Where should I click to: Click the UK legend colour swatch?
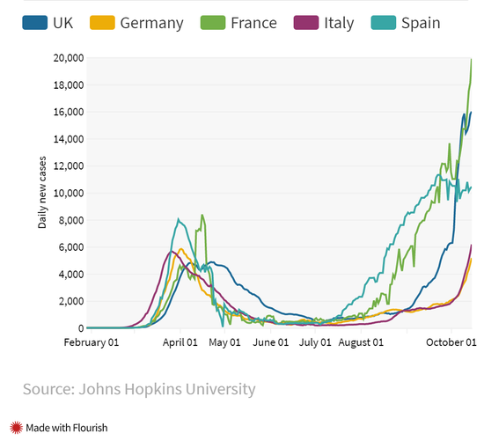pos(35,23)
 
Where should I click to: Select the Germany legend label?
pos(152,24)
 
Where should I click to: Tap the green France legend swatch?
pos(213,23)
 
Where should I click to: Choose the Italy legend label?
pos(339,24)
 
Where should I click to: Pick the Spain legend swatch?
pos(384,23)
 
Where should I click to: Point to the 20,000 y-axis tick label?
pos(69,58)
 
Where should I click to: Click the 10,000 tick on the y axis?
pos(69,193)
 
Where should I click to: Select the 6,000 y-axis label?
pos(71,247)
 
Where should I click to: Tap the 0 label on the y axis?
pos(81,328)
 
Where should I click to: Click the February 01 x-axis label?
pos(92,342)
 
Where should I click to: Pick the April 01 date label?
pos(180,342)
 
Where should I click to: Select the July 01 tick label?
pos(315,342)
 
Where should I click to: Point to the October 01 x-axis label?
pos(451,342)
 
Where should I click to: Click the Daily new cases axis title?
pos(42,193)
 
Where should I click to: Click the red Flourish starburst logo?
pos(16,428)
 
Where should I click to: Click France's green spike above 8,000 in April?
pos(202,216)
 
